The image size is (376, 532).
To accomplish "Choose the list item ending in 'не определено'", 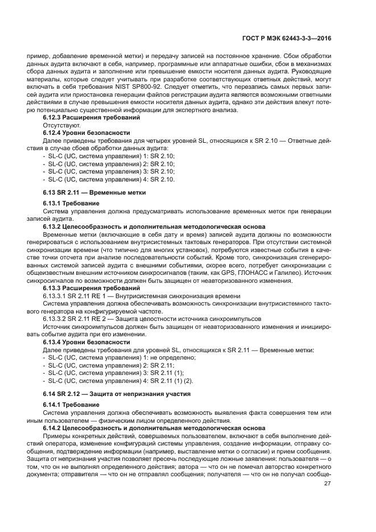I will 121,357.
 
